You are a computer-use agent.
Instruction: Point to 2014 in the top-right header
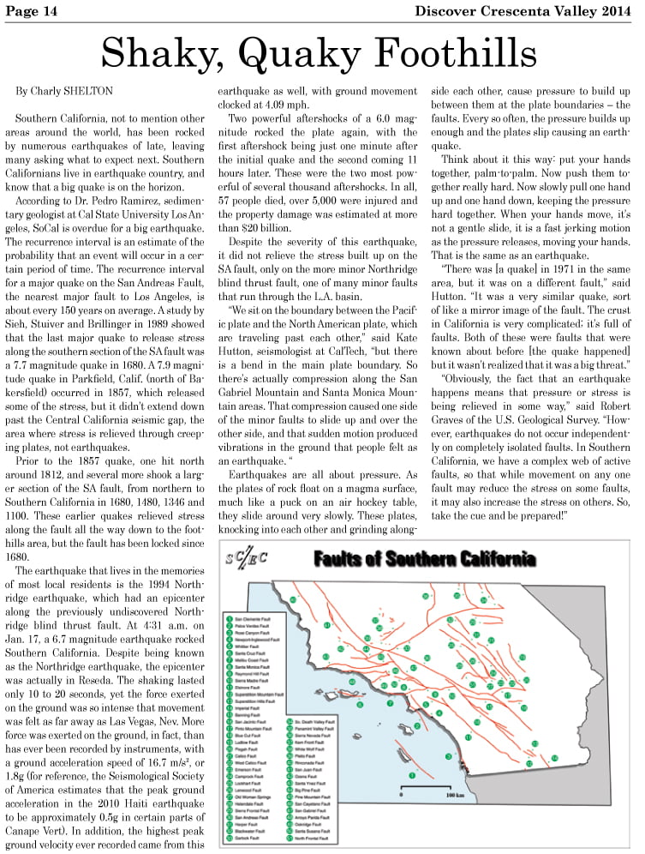point(618,10)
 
